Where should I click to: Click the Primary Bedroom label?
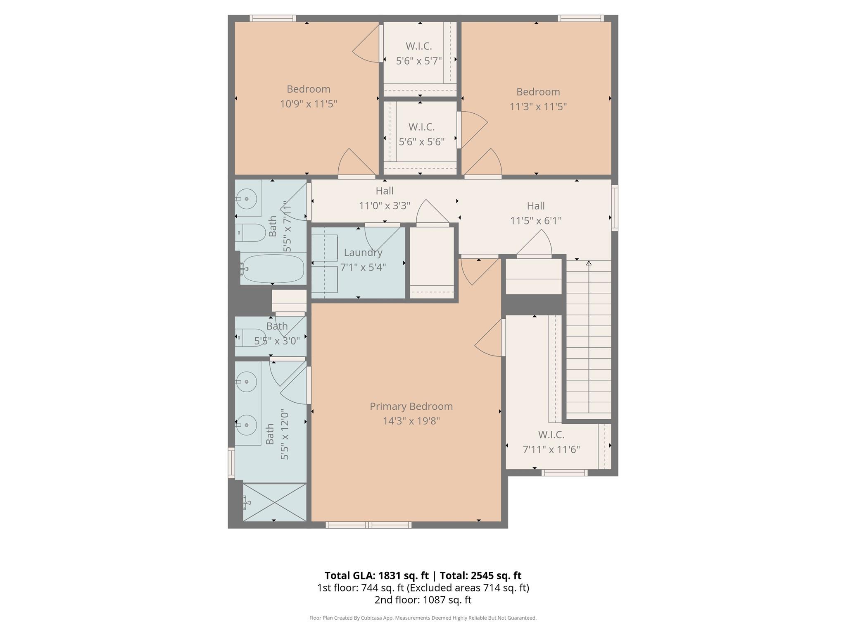(411, 406)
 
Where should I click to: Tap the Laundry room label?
(363, 252)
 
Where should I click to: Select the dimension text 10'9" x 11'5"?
(309, 104)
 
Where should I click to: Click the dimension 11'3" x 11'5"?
(538, 107)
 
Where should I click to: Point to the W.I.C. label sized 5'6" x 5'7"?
(419, 46)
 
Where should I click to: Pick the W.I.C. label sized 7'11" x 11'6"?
(551, 434)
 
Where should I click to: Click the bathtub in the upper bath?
(272, 269)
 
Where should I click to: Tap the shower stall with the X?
(275, 502)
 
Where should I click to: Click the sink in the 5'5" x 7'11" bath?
(247, 199)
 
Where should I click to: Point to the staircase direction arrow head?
(589, 263)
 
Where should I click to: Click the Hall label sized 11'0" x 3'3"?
(384, 191)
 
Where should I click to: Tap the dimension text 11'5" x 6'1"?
(536, 221)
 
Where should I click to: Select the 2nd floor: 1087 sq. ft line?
(423, 600)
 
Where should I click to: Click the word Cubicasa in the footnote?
(370, 618)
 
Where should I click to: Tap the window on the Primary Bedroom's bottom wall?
(368, 525)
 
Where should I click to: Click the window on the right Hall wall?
(615, 208)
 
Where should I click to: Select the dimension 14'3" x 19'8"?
(411, 421)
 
